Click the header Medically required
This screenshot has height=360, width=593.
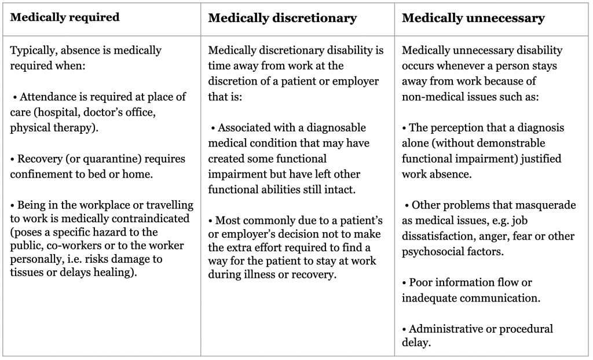pyautogui.click(x=65, y=17)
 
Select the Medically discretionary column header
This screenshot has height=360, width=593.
pyautogui.click(x=282, y=18)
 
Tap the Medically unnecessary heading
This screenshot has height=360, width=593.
pyautogui.click(x=473, y=18)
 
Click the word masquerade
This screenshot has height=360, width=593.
pyautogui.click(x=544, y=205)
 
